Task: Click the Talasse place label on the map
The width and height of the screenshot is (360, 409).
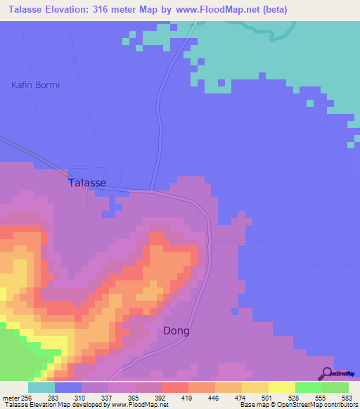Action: point(87,183)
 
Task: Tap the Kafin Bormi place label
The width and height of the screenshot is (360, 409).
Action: point(35,85)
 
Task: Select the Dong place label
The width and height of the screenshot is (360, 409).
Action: point(176,330)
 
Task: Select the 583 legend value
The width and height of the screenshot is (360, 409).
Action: point(347,398)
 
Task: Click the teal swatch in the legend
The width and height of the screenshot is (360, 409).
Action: point(41,387)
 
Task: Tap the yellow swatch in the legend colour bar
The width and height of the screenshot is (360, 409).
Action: point(282,387)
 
